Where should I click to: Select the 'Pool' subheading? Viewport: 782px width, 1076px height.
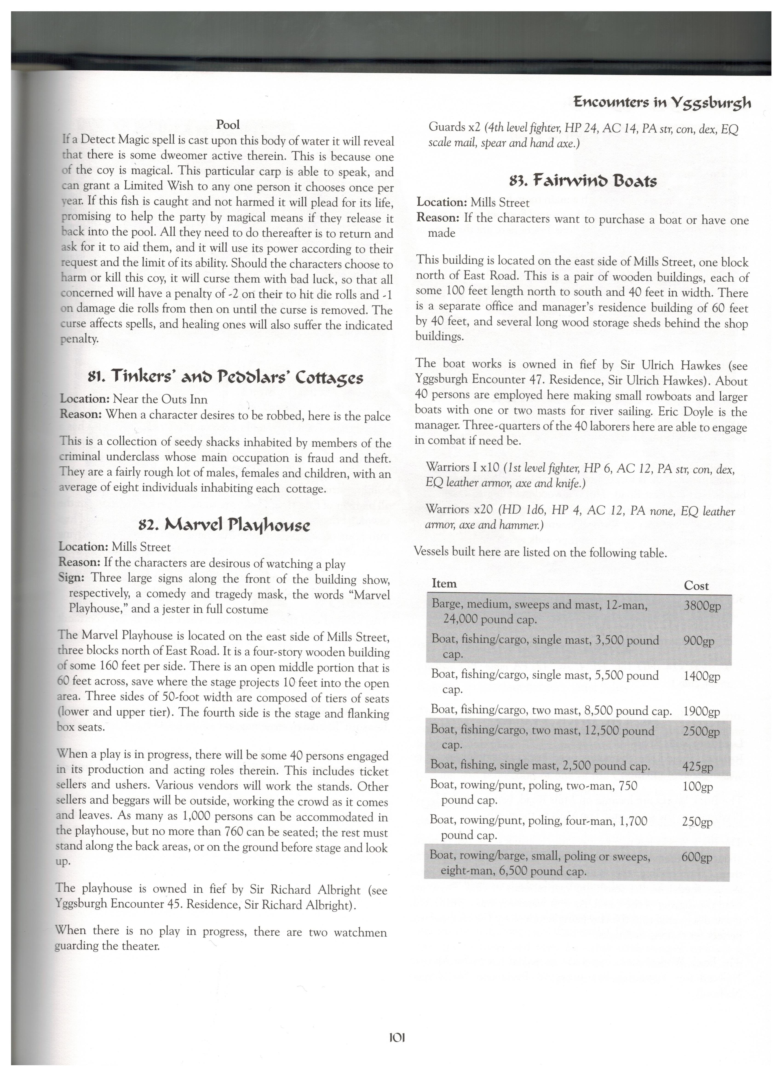pyautogui.click(x=228, y=125)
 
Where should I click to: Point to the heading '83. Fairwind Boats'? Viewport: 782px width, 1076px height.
pyautogui.click(x=583, y=181)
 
